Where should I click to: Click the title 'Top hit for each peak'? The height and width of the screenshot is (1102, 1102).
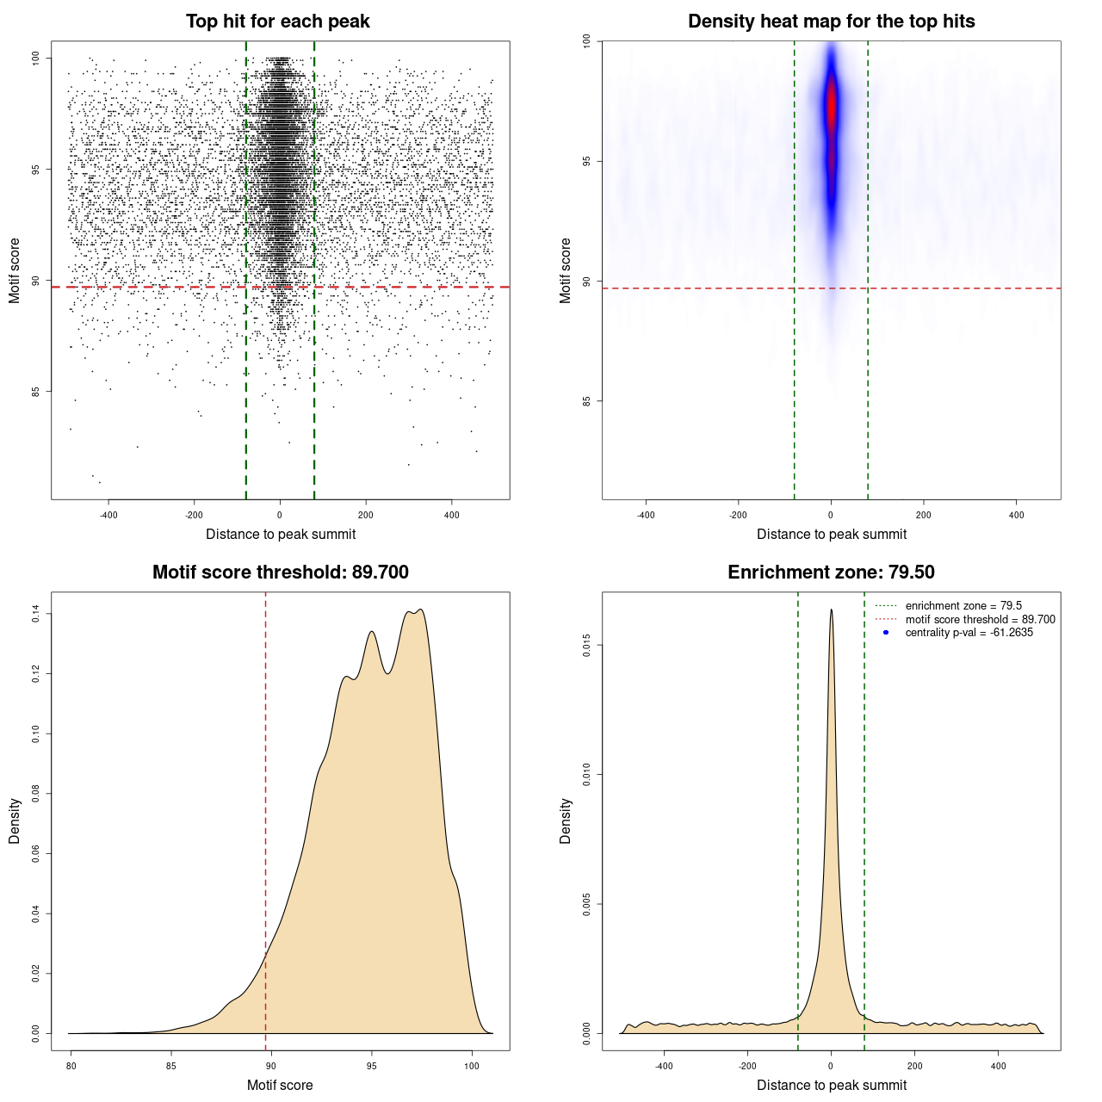[x=277, y=22]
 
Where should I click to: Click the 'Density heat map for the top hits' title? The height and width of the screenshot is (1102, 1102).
[x=831, y=22]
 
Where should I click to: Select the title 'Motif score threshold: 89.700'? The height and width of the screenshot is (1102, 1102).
[x=280, y=573]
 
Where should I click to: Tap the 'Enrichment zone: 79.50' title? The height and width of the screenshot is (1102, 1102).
[x=831, y=573]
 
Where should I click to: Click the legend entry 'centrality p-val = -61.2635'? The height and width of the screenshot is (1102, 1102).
[x=969, y=633]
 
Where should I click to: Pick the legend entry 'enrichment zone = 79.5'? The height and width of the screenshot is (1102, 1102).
[x=963, y=606]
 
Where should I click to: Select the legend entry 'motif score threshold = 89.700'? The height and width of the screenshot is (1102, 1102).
[x=980, y=620]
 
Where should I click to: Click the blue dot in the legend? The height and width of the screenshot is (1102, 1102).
[x=886, y=633]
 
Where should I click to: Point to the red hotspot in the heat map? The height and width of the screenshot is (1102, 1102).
[x=832, y=108]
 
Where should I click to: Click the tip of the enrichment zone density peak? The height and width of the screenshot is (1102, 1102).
[x=831, y=610]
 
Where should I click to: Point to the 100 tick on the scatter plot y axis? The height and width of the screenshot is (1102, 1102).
[x=36, y=58]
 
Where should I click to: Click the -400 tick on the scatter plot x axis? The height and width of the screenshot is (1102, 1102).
[x=108, y=515]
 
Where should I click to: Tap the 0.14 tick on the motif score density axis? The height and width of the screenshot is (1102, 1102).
[x=36, y=614]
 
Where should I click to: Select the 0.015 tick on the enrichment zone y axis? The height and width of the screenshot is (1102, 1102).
[x=587, y=646]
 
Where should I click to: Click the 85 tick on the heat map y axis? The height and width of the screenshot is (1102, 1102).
[x=587, y=401]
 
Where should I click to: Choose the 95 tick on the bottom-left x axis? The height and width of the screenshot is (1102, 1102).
[x=371, y=1066]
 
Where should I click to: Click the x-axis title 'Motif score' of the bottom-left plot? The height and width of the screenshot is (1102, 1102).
[x=280, y=1085]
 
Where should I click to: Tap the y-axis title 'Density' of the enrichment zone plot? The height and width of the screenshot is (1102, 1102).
[x=566, y=820]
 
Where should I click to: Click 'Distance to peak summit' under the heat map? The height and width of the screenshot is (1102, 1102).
[x=831, y=534]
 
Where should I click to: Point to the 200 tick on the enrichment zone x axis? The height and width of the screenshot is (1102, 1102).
[x=915, y=1066]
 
